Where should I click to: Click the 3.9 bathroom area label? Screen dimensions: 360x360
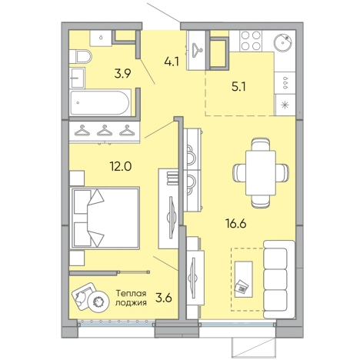click(123, 74)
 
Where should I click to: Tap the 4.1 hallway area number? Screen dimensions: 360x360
click(172, 62)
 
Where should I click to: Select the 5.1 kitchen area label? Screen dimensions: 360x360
click(238, 87)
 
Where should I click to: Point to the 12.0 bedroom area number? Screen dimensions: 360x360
click(121, 167)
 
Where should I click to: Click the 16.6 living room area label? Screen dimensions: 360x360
click(236, 223)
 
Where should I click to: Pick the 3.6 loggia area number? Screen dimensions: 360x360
click(164, 298)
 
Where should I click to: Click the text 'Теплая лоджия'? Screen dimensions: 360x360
click(131, 298)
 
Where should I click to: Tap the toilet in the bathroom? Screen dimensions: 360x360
click(80, 56)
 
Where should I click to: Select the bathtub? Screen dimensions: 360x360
click(99, 102)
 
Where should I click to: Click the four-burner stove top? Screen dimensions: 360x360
click(251, 41)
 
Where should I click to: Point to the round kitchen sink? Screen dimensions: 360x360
click(283, 42)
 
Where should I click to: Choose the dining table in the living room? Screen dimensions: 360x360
click(261, 173)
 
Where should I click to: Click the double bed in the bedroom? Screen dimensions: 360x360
click(105, 218)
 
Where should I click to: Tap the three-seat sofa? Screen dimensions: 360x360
click(279, 279)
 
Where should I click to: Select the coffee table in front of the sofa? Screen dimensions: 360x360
click(243, 279)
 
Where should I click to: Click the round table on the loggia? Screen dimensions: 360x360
click(98, 302)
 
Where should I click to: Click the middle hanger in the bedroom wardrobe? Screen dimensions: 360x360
click(105, 130)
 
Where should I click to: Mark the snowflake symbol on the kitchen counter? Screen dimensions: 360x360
click(285, 105)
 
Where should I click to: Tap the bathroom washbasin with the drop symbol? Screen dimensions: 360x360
click(101, 38)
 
